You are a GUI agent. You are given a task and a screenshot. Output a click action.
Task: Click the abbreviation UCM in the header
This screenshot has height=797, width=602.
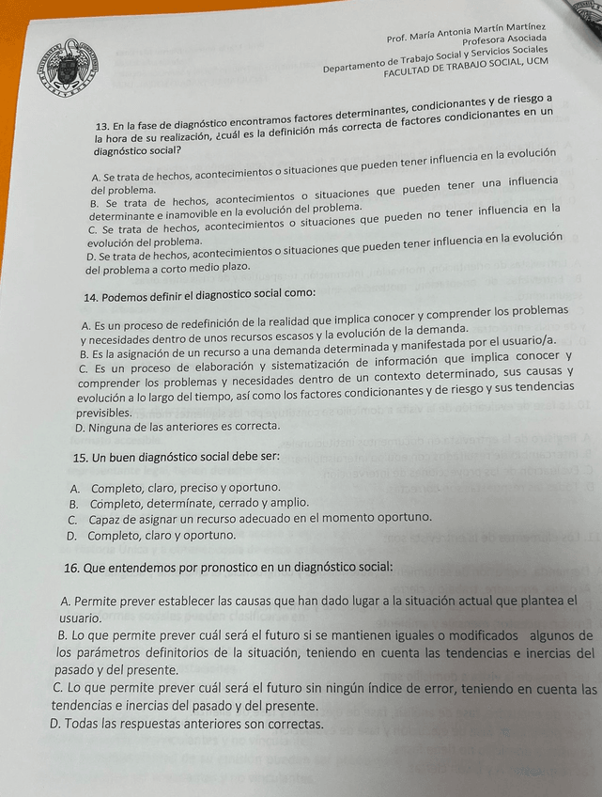pyautogui.click(x=536, y=60)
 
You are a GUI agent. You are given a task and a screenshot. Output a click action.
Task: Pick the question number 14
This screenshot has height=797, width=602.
pyautogui.click(x=90, y=298)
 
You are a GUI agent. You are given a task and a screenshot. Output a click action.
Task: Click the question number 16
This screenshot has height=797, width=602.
pyautogui.click(x=71, y=569)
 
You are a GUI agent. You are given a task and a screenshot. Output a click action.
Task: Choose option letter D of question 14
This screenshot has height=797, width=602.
pyautogui.click(x=79, y=427)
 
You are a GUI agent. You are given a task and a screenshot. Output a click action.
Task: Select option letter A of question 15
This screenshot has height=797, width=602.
pyautogui.click(x=74, y=489)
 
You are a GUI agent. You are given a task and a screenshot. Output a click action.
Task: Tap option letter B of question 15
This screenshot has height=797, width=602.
pyautogui.click(x=73, y=504)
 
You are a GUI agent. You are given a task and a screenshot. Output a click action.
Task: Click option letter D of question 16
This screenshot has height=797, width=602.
pyautogui.click(x=55, y=724)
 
